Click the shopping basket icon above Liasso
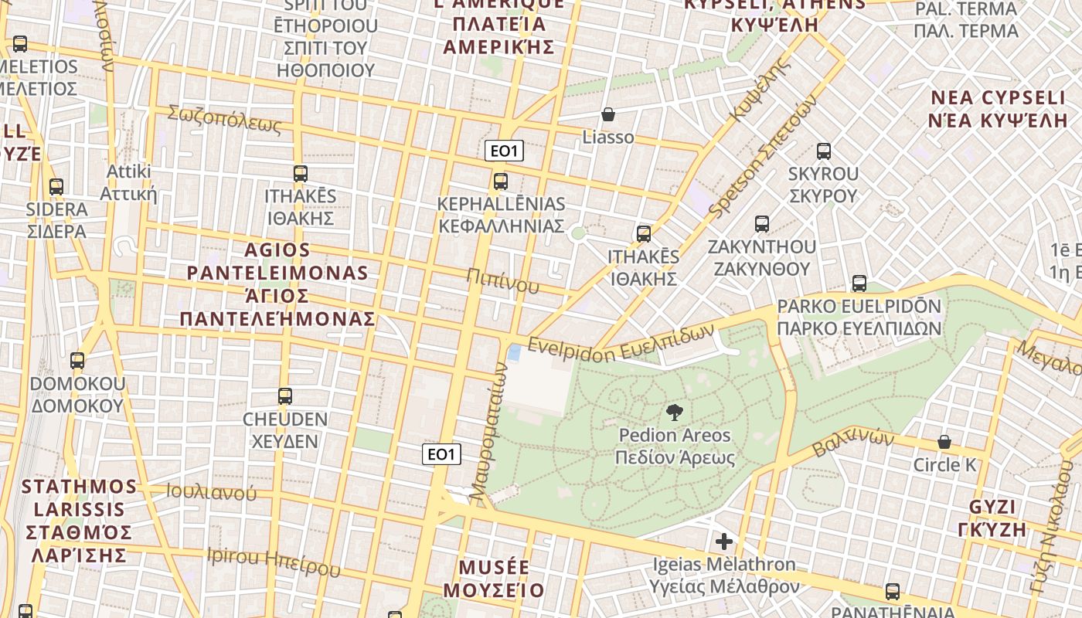pos(608,114)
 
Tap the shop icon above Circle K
pos(944,442)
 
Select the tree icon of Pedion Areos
pos(674,412)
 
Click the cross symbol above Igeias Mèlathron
pos(724,542)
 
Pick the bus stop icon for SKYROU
pos(824,151)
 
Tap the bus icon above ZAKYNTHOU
pos(762,224)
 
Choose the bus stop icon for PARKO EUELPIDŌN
pos(859,284)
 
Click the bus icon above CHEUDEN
pos(285,396)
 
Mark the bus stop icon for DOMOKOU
pos(77,360)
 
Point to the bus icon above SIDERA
pos(56,186)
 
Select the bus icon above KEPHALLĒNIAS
pos(501,182)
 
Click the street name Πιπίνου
pos(503,281)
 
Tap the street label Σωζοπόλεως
pos(225,119)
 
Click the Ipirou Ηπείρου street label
pos(274,562)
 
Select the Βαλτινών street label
pos(853,445)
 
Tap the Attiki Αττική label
pos(131,182)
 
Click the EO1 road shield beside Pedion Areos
pos(441,454)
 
